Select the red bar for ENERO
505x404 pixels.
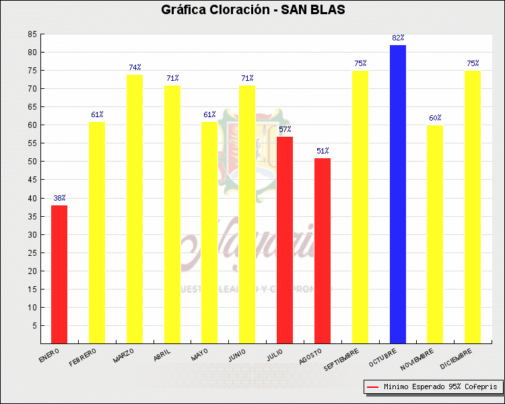click(59, 274)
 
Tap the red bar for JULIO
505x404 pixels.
click(285, 240)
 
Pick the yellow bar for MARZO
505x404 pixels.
click(135, 209)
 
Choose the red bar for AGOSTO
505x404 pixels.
click(323, 250)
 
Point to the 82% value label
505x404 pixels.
click(398, 38)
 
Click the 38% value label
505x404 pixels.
click(59, 198)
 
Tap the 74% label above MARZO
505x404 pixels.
click(135, 67)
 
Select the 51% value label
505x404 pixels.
click(323, 151)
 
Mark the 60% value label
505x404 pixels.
click(435, 118)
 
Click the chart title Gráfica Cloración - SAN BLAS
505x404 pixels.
click(252, 10)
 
